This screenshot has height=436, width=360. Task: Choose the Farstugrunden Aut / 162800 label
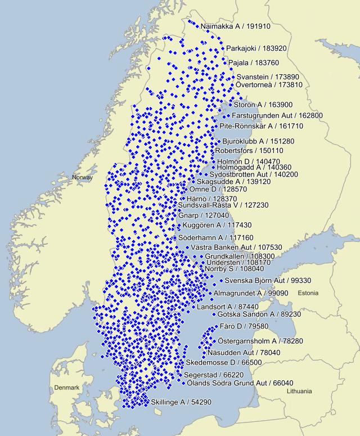(x=277, y=115)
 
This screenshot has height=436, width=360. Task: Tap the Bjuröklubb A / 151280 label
(x=258, y=141)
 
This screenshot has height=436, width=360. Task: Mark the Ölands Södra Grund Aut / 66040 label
(x=236, y=383)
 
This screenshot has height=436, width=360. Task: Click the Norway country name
(x=82, y=178)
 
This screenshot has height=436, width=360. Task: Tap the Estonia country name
(x=308, y=293)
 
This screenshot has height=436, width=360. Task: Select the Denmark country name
(x=67, y=388)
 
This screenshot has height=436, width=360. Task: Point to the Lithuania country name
(x=298, y=391)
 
